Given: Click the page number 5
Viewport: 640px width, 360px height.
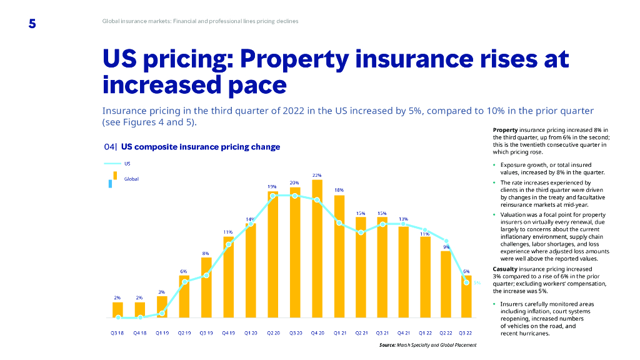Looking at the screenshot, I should coord(32,24).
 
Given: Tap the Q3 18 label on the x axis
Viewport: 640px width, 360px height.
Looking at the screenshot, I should coord(117,332).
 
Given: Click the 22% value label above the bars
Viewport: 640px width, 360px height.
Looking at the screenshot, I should coord(317,174).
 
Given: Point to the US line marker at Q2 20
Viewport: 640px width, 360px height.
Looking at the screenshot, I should coord(272,196).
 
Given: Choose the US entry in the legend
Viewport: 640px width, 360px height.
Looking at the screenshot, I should coord(127,164).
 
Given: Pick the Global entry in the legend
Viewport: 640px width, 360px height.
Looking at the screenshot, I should coord(131,179).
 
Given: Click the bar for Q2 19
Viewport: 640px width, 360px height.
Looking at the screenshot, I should coord(184,296).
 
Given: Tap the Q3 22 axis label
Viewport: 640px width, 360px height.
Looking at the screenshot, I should coord(466,332).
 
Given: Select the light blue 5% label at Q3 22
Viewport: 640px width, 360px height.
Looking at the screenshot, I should coord(476,283).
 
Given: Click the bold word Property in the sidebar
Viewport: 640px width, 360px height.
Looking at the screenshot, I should coord(504,129).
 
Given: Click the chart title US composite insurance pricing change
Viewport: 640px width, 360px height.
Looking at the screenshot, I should coord(200,147).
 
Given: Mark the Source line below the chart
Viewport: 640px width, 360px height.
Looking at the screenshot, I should coord(427,345).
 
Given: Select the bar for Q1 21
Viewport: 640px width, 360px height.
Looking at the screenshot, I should coord(339,256).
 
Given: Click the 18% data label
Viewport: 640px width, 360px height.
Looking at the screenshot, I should coord(339,189).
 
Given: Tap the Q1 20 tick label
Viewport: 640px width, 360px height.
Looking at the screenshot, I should coord(251,332).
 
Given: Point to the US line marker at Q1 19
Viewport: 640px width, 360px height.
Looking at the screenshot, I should coord(162,313).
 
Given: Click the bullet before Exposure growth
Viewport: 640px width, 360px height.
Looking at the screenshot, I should coord(494,165).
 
